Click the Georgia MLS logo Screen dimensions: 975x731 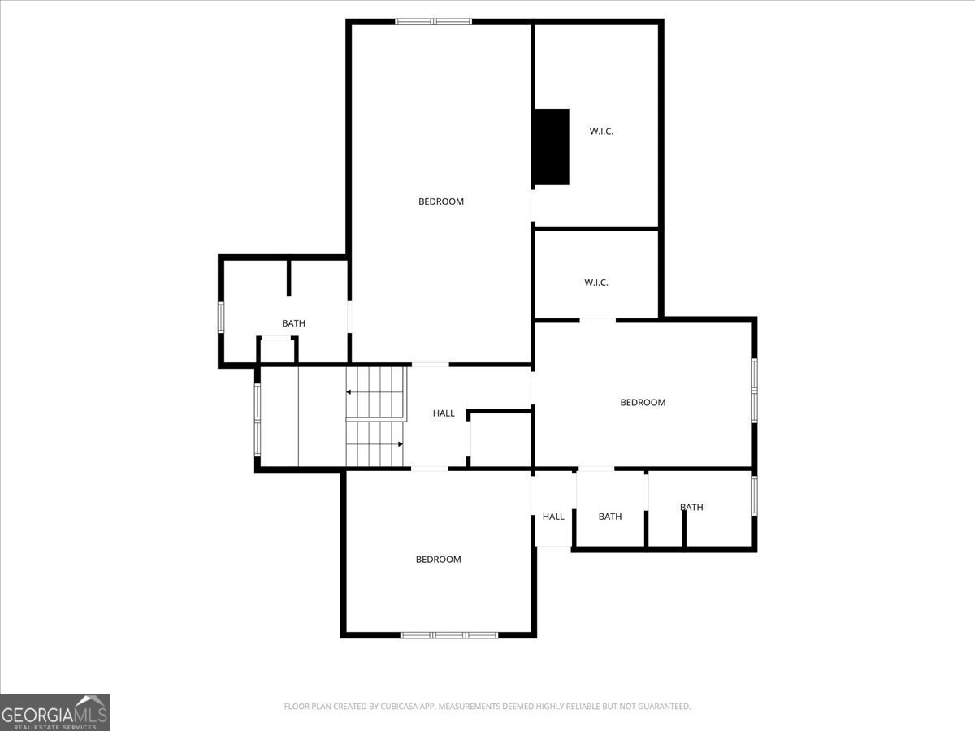point(54,712)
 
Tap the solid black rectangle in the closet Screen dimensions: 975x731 point(551,147)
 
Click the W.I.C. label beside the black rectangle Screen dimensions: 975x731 point(601,132)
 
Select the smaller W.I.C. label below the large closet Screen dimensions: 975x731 point(596,283)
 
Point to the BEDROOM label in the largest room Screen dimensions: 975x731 point(441,201)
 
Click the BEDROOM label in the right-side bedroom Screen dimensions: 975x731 point(643,403)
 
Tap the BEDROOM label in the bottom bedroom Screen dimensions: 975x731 point(439,560)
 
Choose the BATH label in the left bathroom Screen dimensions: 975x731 point(293,323)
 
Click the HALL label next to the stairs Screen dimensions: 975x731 point(444,413)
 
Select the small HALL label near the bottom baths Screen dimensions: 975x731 point(553,517)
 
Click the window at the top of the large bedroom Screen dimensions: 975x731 point(434,21)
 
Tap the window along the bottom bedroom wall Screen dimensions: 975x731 point(449,635)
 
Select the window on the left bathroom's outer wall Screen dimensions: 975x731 point(221,317)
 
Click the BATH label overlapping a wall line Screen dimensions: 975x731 point(691,507)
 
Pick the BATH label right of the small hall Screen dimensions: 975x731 point(610,517)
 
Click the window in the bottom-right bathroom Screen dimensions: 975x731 point(754,495)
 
